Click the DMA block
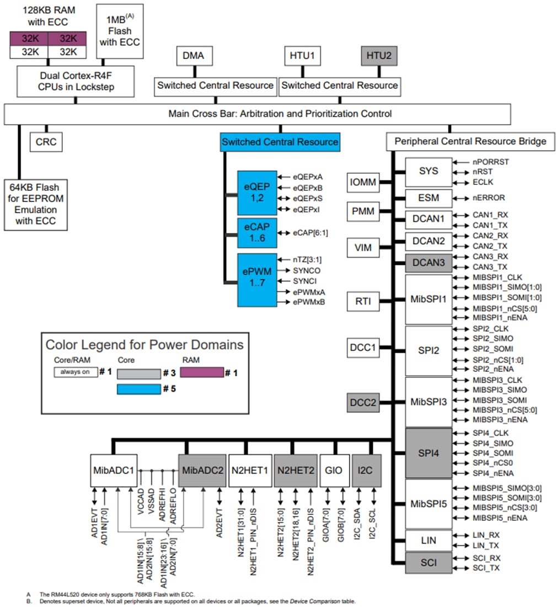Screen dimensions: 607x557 pyautogui.click(x=194, y=56)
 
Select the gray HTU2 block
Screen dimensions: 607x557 pyautogui.click(x=378, y=56)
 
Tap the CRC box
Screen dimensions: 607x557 pyautogui.click(x=46, y=142)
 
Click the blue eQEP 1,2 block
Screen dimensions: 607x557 pyautogui.click(x=256, y=193)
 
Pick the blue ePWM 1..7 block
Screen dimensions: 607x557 pyautogui.click(x=256, y=280)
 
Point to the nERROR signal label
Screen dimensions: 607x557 pyautogui.click(x=488, y=198)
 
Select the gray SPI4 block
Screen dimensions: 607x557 pyautogui.click(x=428, y=452)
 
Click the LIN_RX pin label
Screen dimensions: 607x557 pyautogui.click(x=486, y=535)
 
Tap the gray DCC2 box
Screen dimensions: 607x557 pyautogui.click(x=362, y=403)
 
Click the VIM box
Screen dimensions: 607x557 pyautogui.click(x=362, y=248)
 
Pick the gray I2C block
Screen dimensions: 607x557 pyautogui.click(x=366, y=471)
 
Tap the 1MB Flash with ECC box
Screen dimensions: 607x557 pyautogui.click(x=120, y=32)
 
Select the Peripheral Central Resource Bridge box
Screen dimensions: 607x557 pyautogui.click(x=470, y=142)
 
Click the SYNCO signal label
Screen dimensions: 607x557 pyautogui.click(x=307, y=270)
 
